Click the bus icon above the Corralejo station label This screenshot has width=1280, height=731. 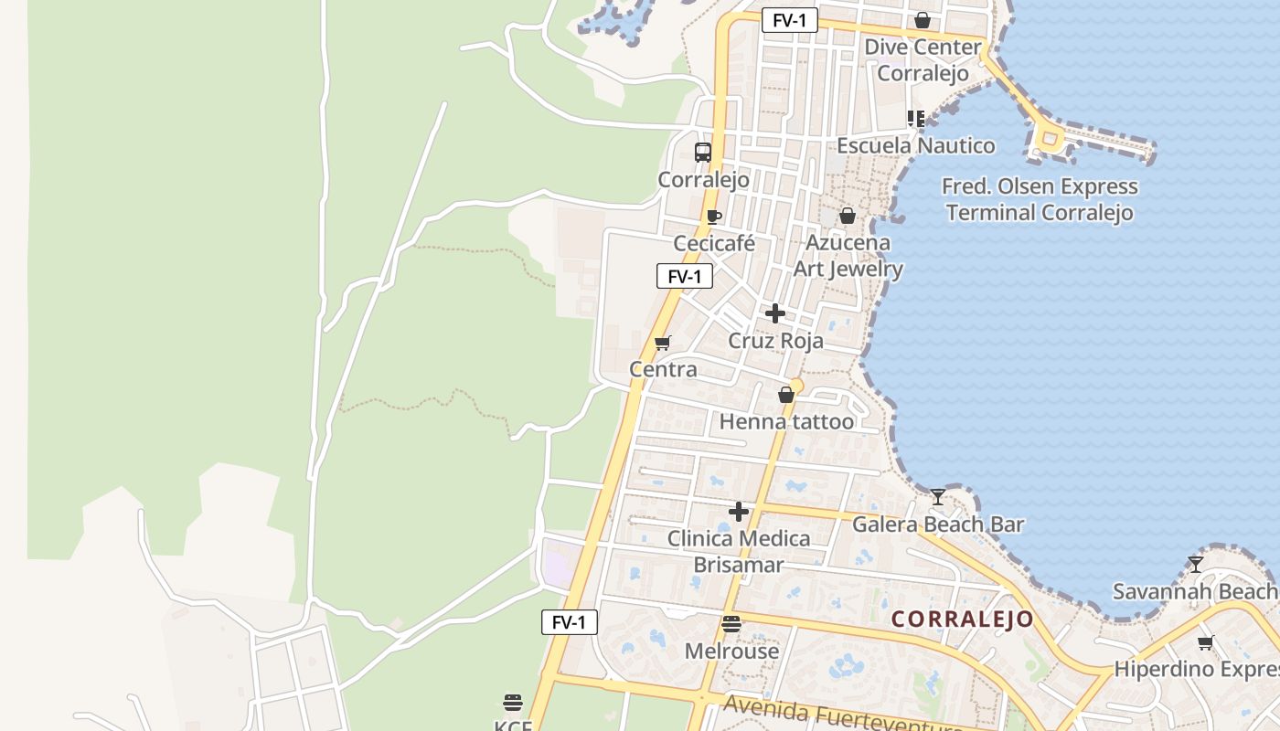point(702,153)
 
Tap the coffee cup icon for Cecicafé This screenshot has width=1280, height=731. point(714,217)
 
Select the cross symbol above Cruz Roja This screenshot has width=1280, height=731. point(775,313)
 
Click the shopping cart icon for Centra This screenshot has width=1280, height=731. point(663,343)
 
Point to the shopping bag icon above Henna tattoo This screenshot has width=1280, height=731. point(785,395)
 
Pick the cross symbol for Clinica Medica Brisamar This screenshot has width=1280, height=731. point(739,512)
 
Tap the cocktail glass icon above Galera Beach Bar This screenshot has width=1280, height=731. point(938,497)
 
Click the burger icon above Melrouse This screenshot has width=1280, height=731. point(731,624)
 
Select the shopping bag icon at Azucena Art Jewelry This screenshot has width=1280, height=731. point(848,216)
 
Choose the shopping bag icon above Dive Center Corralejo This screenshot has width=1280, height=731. point(923,20)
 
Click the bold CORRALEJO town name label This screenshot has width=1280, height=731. point(962,620)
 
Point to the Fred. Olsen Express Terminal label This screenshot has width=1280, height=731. point(1040,200)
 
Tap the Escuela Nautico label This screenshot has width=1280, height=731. point(916,145)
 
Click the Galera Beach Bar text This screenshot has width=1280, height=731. point(938,524)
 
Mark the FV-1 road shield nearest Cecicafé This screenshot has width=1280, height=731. point(685,276)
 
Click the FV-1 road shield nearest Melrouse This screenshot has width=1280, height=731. point(569,622)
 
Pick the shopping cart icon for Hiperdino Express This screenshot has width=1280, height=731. point(1206,642)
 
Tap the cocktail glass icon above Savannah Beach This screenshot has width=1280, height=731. point(1195,564)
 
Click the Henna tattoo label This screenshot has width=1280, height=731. point(786,421)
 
